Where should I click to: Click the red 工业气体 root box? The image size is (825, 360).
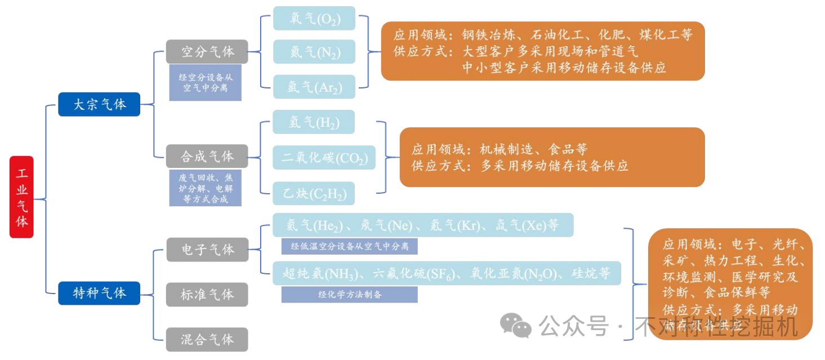[x=22, y=197]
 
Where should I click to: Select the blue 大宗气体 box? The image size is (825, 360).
[x=99, y=104]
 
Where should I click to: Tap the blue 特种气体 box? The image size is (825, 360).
[x=99, y=293]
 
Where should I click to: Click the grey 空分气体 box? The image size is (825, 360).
[x=207, y=51]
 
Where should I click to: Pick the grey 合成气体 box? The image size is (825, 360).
[x=207, y=156]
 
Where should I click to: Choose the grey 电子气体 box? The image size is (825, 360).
[x=207, y=249]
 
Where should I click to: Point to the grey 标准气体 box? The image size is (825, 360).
[x=207, y=294]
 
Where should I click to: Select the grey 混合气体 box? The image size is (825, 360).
[x=207, y=339]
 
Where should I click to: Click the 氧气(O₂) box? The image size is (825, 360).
[x=314, y=18]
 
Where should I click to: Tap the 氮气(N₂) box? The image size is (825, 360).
[x=314, y=51]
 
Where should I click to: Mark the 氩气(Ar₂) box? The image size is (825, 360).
[x=314, y=86]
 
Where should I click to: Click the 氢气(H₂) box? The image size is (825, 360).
[x=314, y=122]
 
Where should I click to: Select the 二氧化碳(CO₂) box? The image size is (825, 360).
[x=324, y=157]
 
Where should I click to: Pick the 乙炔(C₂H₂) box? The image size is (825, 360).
[x=314, y=193]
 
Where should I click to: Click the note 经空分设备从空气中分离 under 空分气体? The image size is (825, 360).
[x=206, y=82]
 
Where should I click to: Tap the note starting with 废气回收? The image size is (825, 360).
[x=206, y=188]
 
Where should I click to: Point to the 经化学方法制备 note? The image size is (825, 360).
[x=349, y=294]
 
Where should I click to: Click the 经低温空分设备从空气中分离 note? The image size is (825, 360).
[x=349, y=246]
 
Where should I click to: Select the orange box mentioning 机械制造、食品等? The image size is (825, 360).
[x=552, y=157]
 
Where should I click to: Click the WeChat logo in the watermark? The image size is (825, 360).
[x=515, y=325]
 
